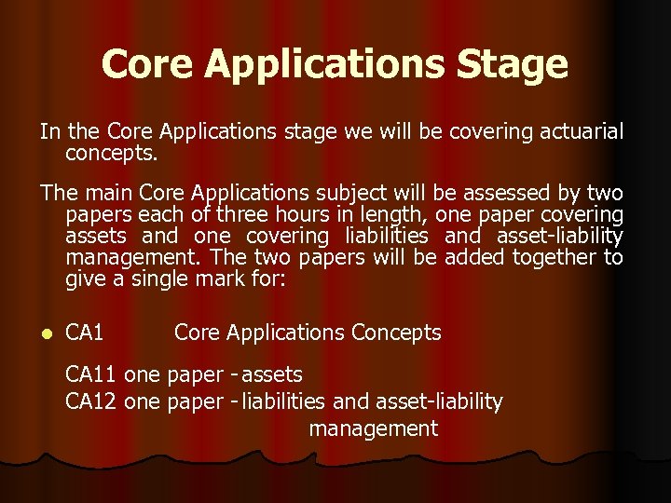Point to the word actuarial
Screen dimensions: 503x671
[x=578, y=131]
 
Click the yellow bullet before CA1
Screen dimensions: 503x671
[x=45, y=333]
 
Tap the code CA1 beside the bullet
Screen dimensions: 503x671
[x=85, y=333]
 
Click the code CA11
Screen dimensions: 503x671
[x=90, y=374]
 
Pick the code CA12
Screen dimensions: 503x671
[x=90, y=401]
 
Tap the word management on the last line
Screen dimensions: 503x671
[x=373, y=428]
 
